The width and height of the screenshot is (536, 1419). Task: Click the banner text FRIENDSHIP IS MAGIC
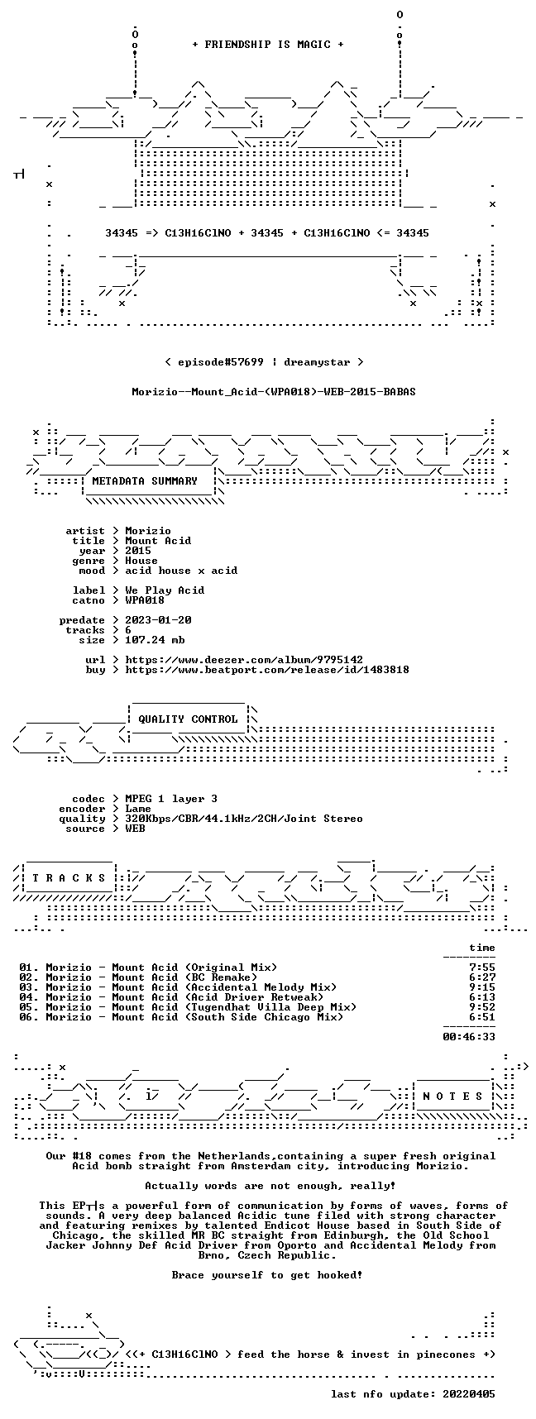[267, 45]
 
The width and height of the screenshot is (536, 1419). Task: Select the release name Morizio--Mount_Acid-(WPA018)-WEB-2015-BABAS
[274, 392]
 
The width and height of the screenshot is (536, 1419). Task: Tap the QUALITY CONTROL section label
[188, 719]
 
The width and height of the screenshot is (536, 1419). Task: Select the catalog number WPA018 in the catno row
[145, 600]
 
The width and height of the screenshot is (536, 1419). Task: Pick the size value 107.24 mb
[155, 640]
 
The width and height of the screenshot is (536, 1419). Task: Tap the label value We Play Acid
[165, 590]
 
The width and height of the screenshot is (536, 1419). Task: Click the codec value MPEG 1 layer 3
[171, 799]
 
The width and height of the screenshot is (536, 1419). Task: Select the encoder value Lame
[138, 809]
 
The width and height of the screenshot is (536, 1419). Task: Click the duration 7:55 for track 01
[482, 967]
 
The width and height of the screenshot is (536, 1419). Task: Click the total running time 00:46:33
[469, 1037]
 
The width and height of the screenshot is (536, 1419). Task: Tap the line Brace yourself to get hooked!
[267, 1275]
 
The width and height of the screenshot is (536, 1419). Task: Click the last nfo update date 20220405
[469, 1394]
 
